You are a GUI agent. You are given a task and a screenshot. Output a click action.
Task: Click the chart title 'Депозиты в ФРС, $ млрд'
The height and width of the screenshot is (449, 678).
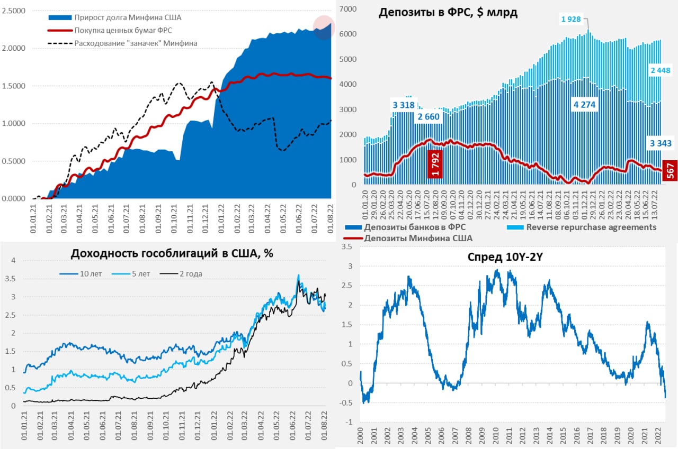(448, 13)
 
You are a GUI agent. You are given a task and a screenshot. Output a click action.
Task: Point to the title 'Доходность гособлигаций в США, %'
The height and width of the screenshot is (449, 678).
(172, 253)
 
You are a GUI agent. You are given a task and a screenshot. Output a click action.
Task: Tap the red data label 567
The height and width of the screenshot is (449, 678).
(671, 171)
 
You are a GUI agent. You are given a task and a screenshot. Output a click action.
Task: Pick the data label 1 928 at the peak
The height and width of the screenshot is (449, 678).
(571, 20)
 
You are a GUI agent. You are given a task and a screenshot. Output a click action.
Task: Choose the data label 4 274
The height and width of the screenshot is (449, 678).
(584, 105)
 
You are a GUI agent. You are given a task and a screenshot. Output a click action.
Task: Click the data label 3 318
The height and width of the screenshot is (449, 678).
(403, 105)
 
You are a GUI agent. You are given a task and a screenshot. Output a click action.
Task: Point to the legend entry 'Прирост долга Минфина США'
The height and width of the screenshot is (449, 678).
(128, 17)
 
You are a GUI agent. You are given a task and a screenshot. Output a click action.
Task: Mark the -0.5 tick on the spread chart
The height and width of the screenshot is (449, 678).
(347, 403)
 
